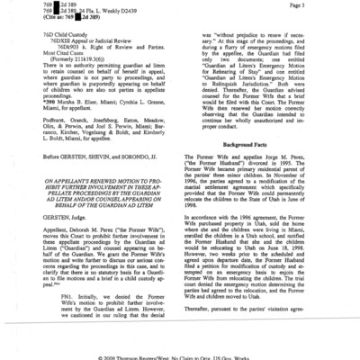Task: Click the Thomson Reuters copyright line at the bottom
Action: (180, 355)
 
